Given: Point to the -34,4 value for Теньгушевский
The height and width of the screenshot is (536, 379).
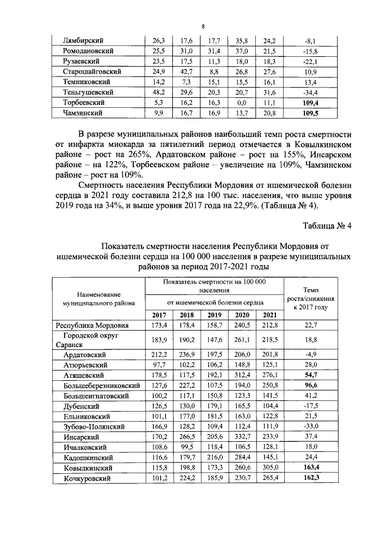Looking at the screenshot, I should tap(310, 92).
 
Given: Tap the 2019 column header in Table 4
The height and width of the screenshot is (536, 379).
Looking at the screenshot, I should tap(214, 314).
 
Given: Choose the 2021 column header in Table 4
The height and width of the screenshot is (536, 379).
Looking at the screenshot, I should tap(269, 314).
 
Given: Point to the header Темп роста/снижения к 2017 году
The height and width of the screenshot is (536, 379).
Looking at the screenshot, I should tap(311, 299).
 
